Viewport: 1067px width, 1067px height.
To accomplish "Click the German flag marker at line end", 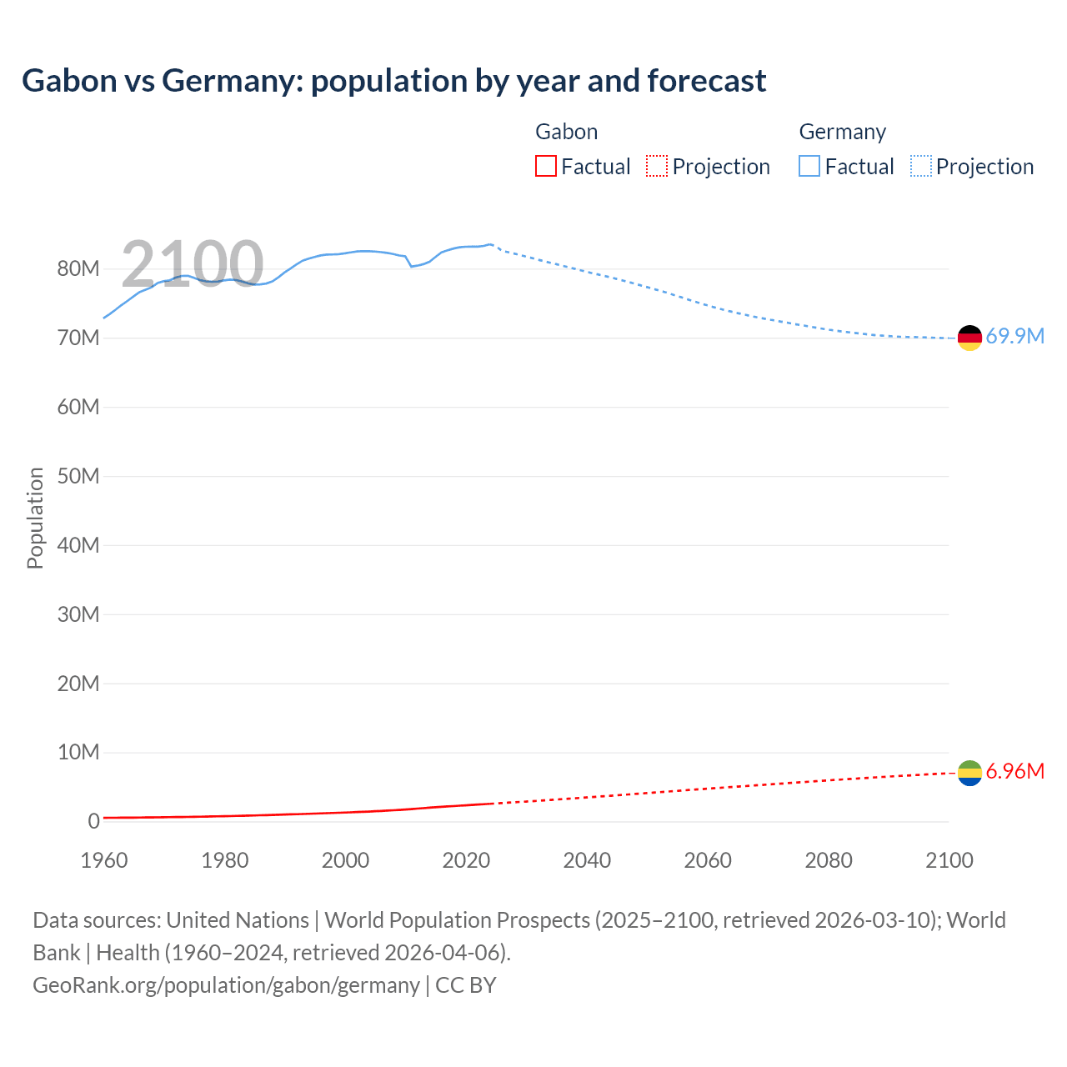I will pos(969,338).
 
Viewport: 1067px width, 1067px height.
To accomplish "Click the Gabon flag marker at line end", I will pos(969,774).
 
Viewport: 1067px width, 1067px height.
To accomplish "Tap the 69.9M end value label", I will pos(1014,336).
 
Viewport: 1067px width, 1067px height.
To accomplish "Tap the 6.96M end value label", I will pos(1014,771).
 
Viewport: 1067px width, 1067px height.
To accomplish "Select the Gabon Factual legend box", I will pos(545,167).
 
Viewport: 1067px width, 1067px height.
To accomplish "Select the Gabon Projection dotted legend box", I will pos(657,167).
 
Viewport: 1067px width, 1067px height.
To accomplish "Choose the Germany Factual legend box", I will pos(809,167).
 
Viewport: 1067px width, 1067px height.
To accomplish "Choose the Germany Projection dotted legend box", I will pos(921,167).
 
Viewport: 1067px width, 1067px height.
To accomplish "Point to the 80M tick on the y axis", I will pos(78,268).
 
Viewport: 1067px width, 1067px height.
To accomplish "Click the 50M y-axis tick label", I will pos(78,476).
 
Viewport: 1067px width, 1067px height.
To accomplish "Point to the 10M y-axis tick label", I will pos(78,752).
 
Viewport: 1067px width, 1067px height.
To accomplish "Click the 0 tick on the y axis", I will pos(93,821).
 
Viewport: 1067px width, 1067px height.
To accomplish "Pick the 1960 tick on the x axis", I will pos(104,860).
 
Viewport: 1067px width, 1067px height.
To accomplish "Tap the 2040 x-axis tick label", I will pos(587,860).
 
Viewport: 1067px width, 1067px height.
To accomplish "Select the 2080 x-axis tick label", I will pos(829,860).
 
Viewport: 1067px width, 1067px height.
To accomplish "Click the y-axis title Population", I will pos(35,518).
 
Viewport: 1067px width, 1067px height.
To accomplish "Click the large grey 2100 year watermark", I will pos(193,263).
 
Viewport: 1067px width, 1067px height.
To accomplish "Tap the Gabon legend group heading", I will pos(566,132).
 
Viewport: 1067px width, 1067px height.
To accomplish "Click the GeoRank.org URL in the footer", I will pos(226,984).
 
